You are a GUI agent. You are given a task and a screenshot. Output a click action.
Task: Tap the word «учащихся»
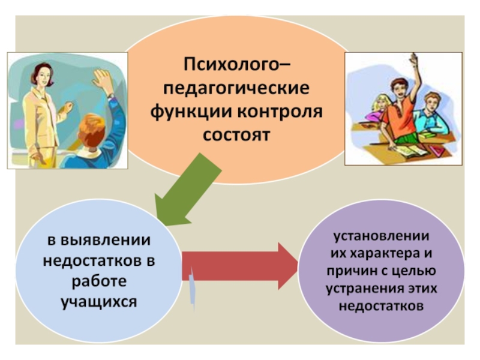[98, 301]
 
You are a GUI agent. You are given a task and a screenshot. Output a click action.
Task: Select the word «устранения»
[367, 289]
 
